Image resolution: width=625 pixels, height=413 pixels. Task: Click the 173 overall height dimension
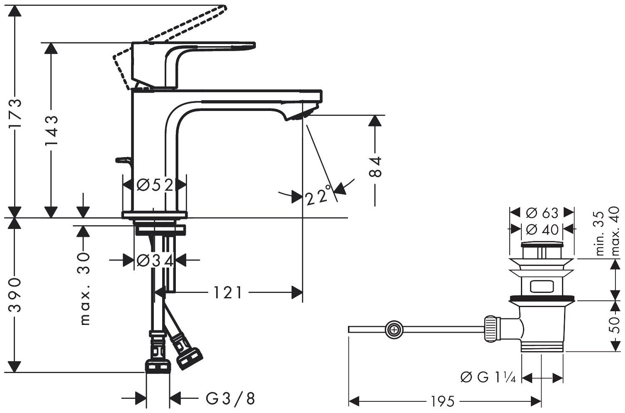coord(15,114)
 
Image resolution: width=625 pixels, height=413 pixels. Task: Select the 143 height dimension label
coord(51,130)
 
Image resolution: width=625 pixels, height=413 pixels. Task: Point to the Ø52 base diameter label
coord(155,184)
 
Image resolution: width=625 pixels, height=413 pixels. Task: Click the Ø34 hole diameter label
coord(154,261)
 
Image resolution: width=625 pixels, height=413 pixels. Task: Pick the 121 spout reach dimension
coord(228,293)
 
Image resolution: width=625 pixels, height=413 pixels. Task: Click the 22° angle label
coord(319,196)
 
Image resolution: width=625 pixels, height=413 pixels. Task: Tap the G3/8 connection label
coord(230,399)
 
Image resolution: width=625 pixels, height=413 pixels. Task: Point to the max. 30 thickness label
coord(85,288)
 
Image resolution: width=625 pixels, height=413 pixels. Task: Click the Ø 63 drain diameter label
coord(542,213)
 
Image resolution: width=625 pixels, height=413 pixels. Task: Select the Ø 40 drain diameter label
coord(542,229)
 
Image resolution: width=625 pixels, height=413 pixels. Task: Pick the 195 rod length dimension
coord(440,402)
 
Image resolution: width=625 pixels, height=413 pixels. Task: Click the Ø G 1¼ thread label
coord(488,378)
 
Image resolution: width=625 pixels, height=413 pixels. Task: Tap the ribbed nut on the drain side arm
coord(491,328)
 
